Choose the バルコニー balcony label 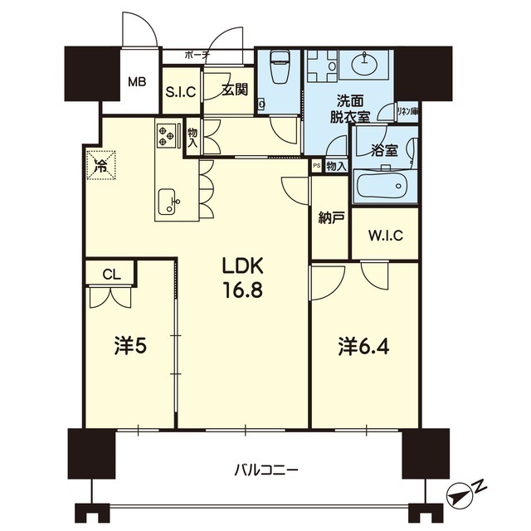coord(265,470)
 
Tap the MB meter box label coord(138,82)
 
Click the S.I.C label coord(181,93)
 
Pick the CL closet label coord(110,272)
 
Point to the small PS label coord(316,166)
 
